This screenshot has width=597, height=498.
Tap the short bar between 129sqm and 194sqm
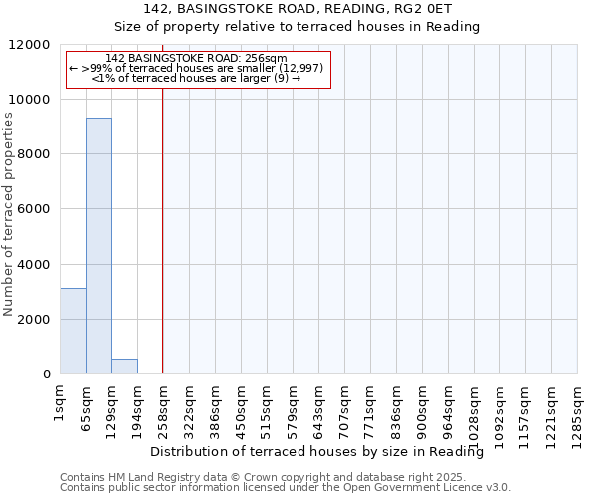pyautogui.click(x=124, y=366)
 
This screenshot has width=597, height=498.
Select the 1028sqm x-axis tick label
pyautogui.click(x=475, y=409)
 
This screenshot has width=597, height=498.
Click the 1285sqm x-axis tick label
pyautogui.click(x=578, y=409)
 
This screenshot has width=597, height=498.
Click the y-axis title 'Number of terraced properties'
pyautogui.click(x=9, y=215)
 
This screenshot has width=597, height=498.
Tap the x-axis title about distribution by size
pyautogui.click(x=323, y=452)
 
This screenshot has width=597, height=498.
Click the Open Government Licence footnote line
pyautogui.click(x=286, y=487)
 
